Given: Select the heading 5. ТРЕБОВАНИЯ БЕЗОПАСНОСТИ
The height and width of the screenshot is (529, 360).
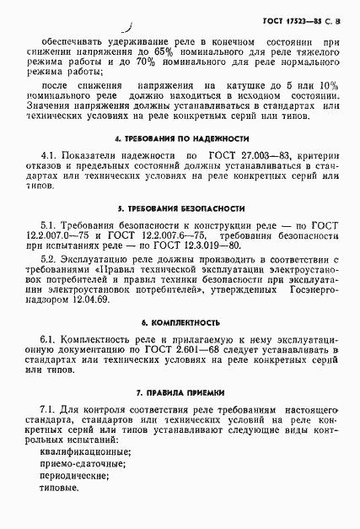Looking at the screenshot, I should pos(181,207).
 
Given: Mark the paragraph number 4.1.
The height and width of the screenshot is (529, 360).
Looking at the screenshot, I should pos(48,156).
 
